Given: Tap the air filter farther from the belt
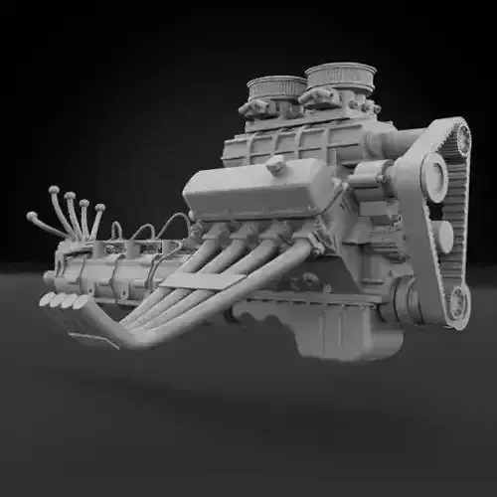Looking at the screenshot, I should tap(276, 87).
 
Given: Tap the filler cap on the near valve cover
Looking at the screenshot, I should tap(276, 165).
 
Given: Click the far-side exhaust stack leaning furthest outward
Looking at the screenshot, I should tap(42, 223).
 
